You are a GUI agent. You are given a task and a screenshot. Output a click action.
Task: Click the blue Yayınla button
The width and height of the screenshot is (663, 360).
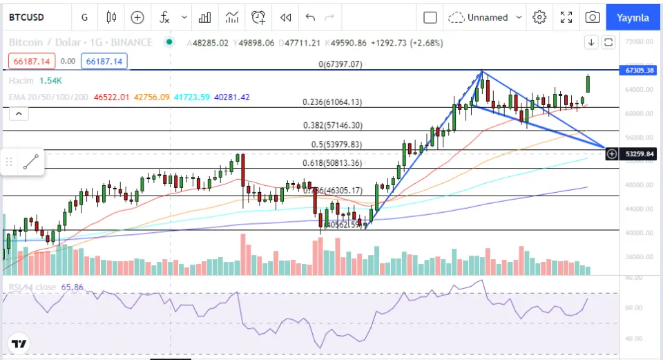coord(633,17)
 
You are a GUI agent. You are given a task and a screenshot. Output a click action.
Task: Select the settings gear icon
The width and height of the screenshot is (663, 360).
coord(540,17)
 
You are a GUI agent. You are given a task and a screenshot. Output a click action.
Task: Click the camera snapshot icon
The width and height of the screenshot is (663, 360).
coord(592,17)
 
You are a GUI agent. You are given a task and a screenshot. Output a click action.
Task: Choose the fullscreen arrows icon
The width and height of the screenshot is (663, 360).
coord(566,17)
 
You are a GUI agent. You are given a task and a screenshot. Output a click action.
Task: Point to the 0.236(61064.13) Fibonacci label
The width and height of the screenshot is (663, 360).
coord(332,102)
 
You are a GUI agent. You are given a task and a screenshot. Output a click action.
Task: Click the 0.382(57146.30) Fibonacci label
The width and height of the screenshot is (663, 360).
coord(332,126)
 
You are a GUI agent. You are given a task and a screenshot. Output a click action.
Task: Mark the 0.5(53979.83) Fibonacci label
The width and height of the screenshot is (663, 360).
coord(336,144)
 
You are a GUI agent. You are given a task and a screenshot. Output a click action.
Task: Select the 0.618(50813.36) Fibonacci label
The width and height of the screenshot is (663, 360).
coord(332,163)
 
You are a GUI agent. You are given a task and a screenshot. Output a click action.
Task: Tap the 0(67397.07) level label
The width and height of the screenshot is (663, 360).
coord(340,64)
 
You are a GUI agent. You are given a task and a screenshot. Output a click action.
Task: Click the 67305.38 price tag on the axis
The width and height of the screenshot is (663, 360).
coord(639,70)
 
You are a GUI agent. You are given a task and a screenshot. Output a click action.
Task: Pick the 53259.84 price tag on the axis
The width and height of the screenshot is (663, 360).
coord(639,153)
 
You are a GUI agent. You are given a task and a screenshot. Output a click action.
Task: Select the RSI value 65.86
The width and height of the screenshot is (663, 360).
coord(72,287)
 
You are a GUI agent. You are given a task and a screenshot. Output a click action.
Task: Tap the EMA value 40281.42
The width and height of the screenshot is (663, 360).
coord(232,97)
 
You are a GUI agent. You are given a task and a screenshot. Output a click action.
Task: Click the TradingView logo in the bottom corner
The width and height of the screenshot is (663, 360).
coord(19,343)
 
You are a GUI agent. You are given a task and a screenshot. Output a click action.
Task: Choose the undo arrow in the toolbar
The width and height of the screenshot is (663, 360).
coord(310,17)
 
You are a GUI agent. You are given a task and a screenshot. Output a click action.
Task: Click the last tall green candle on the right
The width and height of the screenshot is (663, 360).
coord(588,84)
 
